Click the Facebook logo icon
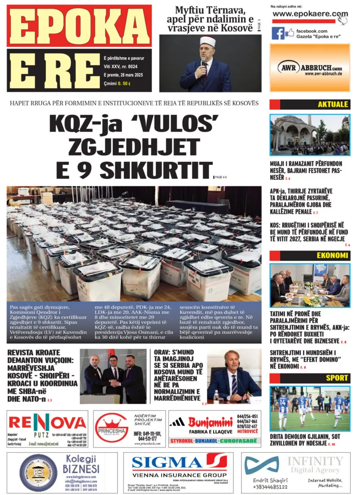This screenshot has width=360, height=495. pos(278,33)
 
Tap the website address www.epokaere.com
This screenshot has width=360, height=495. pos(310,14)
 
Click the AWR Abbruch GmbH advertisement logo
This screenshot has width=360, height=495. pos(310,67)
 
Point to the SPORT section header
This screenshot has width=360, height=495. pos(337,378)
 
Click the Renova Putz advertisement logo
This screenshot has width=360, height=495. pos(47,422)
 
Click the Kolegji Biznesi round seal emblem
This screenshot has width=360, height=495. pos(38,472)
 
